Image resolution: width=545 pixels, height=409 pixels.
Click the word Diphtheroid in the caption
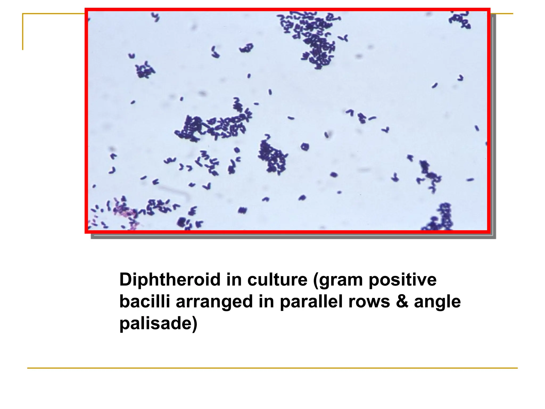[170, 280]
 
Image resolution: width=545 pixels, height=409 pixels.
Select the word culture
[277, 280]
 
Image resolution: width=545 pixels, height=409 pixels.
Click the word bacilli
[144, 302]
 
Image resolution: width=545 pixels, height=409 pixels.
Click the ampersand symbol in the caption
[402, 302]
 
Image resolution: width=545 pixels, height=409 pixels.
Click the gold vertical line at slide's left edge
[23, 32]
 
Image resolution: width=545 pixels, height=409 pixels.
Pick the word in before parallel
[266, 302]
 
